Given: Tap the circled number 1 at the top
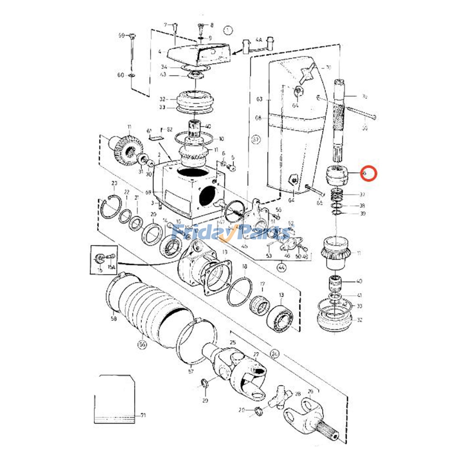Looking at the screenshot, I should click(x=228, y=30).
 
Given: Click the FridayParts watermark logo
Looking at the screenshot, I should click(x=232, y=232).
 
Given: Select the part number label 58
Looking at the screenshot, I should click(x=114, y=319).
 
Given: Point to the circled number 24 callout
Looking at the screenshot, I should click(x=274, y=354).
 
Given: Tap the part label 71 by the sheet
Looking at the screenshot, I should click(x=143, y=415).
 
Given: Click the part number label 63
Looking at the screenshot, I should click(x=259, y=99).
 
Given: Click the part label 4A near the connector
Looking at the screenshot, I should click(x=259, y=39).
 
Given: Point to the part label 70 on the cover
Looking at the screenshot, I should click(x=328, y=68).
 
